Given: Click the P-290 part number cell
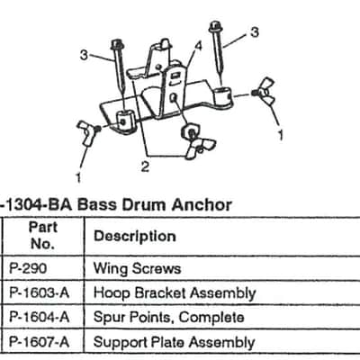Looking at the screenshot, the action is click(28, 268).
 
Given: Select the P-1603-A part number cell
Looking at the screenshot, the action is click(40, 292).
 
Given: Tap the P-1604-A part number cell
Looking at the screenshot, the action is click(40, 317).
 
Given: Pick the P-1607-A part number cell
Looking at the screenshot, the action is click(40, 342).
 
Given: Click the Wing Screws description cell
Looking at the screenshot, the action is click(137, 268).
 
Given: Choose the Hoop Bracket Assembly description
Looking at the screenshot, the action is click(175, 293).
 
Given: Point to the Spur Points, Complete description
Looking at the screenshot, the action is click(168, 318).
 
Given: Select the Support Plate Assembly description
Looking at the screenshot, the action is click(174, 342).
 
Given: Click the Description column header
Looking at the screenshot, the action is click(135, 237).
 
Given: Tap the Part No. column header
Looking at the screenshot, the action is click(42, 236).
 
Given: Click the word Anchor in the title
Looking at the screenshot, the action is click(202, 205).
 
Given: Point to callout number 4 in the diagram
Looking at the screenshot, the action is click(198, 47).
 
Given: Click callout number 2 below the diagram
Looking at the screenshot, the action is click(145, 166).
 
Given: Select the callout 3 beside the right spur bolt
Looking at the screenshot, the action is click(255, 32).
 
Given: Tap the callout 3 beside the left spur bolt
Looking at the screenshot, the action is click(85, 55).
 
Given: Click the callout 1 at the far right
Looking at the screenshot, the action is click(281, 135).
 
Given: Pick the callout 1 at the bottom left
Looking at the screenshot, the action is click(78, 177).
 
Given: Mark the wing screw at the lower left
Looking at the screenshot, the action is click(87, 133).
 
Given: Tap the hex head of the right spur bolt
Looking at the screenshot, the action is click(214, 26).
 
